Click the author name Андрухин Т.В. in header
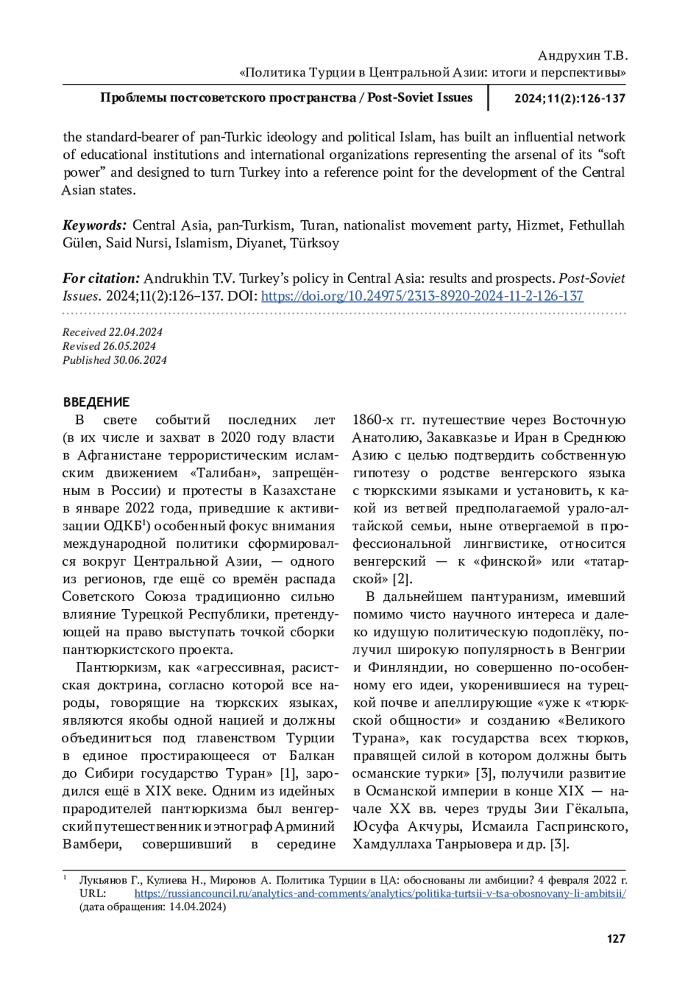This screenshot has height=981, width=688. click(583, 56)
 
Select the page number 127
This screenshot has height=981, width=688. click(615, 939)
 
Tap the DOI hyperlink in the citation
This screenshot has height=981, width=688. click(422, 296)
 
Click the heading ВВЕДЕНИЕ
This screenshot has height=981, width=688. click(96, 402)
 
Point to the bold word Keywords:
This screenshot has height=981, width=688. click(95, 225)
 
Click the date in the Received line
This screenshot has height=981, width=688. click(135, 332)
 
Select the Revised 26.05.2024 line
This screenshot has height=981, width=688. click(109, 346)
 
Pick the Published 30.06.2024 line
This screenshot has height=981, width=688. click(115, 360)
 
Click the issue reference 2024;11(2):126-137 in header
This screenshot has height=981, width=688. click(569, 98)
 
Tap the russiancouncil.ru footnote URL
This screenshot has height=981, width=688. click(380, 893)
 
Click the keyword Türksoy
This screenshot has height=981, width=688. click(315, 243)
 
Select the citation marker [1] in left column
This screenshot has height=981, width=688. click(287, 773)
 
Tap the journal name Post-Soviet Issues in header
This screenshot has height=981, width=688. click(420, 98)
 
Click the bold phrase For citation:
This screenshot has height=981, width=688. click(101, 278)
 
